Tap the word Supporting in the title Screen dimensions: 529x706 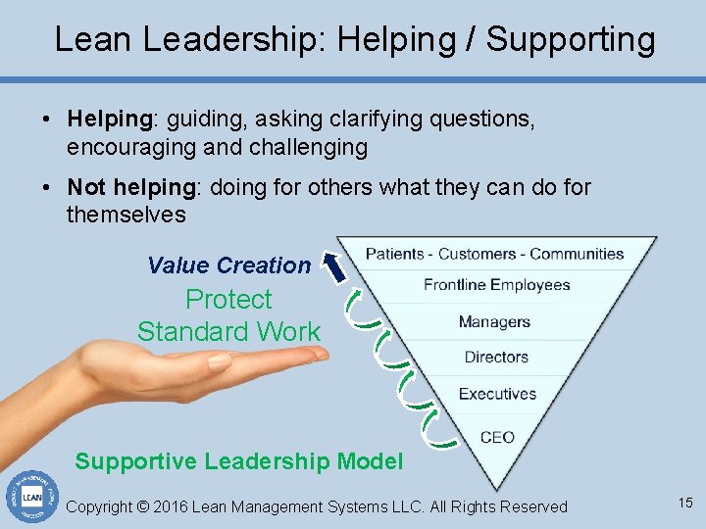pos(571,39)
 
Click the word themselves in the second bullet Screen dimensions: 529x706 pos(126,214)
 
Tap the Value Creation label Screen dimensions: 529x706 pos(228,264)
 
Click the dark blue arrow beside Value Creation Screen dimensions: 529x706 pos(336,267)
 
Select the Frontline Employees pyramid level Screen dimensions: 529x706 pos(496,285)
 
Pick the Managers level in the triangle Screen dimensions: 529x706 pos(494,321)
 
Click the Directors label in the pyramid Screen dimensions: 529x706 pos(496,358)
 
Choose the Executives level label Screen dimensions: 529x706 pos(497,394)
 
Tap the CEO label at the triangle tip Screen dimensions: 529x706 pos(497,437)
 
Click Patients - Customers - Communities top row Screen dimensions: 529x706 pos(494,254)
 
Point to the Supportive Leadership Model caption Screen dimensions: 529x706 pos(238,461)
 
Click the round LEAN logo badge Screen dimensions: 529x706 pos(31,495)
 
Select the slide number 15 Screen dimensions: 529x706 pos(684,503)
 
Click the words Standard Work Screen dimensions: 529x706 pos(228,331)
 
